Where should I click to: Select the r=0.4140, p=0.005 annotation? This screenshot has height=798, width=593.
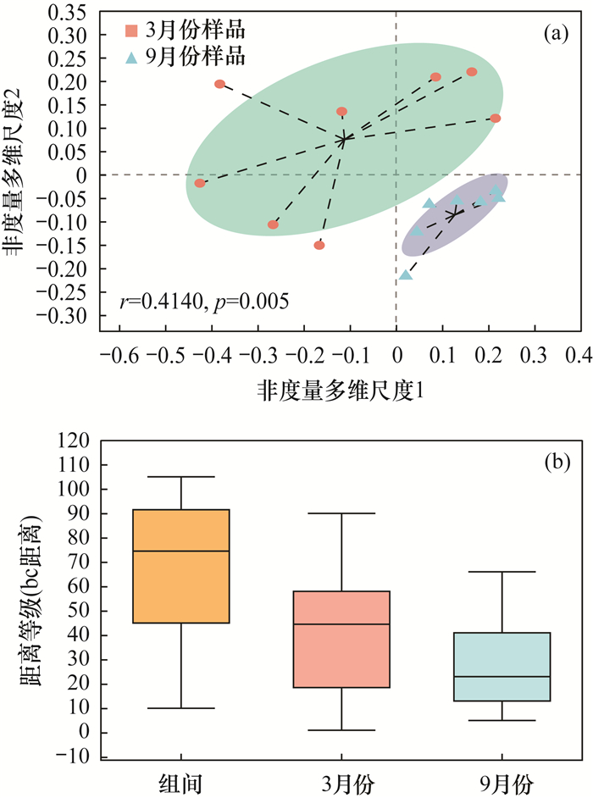click(205, 299)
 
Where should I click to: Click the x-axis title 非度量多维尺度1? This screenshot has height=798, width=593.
click(339, 391)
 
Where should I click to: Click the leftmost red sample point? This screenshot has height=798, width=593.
click(200, 183)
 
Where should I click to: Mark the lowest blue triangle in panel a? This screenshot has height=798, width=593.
click(407, 274)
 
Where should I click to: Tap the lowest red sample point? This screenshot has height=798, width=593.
click(319, 245)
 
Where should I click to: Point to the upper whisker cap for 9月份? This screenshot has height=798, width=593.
click(502, 572)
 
